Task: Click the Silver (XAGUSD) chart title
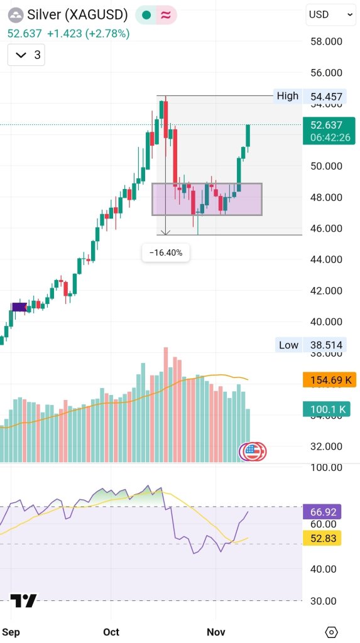[x=77, y=14]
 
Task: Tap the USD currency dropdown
[x=330, y=14]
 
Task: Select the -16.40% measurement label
[x=166, y=252]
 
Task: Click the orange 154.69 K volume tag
[x=329, y=380]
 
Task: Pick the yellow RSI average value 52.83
[x=322, y=538]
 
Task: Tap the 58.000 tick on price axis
[x=326, y=41]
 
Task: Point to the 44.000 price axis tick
[x=326, y=259]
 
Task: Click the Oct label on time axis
[x=111, y=632]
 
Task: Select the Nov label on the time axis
[x=216, y=632]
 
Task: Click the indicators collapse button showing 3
[x=26, y=55]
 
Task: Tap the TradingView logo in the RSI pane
[x=24, y=601]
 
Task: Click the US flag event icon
[x=252, y=451]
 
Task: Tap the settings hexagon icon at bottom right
[x=332, y=632]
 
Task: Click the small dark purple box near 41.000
[x=19, y=307]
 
